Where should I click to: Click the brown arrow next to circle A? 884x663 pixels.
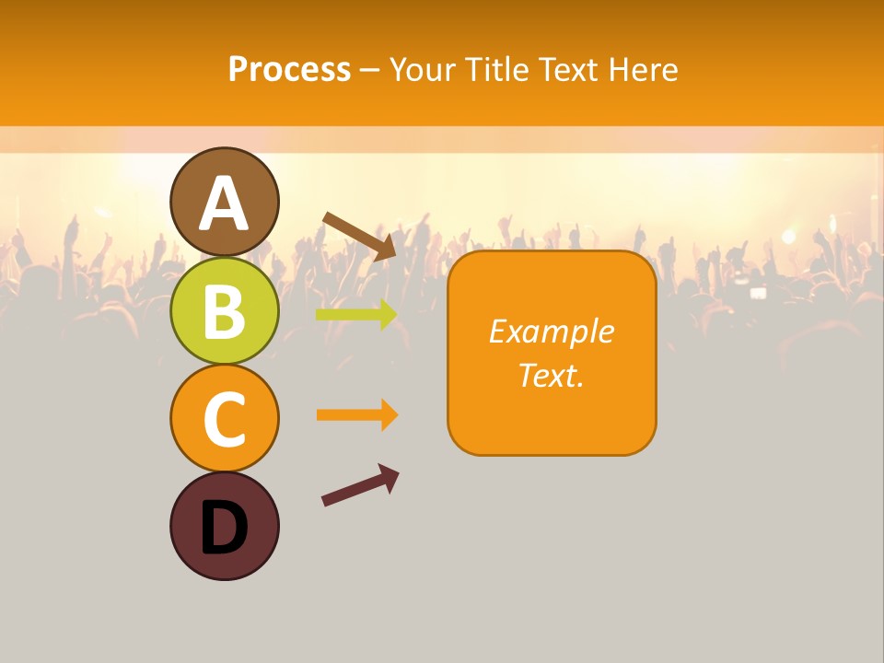(358, 235)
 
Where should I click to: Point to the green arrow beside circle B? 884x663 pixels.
(355, 314)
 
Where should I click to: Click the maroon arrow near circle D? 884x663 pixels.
(359, 485)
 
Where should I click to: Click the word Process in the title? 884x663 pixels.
(289, 69)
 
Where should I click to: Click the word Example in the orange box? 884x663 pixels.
(552, 331)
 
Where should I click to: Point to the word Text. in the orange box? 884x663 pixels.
(552, 375)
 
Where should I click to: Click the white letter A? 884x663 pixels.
(224, 204)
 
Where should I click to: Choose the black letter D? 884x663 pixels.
(224, 528)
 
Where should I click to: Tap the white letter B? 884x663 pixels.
(224, 312)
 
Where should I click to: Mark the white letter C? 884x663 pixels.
(224, 420)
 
